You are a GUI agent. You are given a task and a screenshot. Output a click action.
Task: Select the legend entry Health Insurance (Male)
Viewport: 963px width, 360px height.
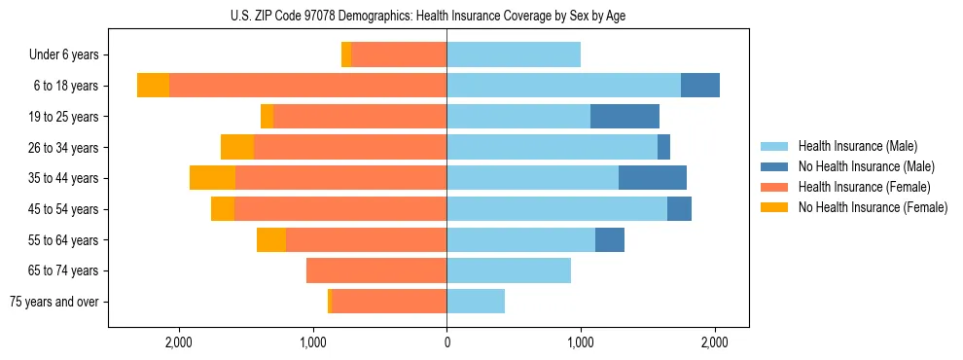(856, 146)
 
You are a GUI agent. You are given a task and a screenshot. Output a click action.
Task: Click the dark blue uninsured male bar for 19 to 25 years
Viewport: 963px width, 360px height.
(624, 117)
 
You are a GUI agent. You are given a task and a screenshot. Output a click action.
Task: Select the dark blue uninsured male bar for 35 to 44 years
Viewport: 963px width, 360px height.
(653, 178)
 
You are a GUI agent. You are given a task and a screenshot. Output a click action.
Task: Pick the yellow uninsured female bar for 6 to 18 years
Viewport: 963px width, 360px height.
(153, 86)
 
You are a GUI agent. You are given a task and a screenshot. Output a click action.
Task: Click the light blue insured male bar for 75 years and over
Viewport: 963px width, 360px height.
(476, 302)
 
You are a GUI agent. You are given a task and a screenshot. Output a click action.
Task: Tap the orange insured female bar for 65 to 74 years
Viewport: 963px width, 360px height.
(376, 270)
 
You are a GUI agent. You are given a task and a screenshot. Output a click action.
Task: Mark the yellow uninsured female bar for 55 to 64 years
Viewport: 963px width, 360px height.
(271, 240)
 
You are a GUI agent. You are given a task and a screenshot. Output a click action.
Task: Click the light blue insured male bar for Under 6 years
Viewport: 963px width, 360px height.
(514, 55)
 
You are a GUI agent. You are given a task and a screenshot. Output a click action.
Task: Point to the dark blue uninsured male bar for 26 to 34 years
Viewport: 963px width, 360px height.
(663, 148)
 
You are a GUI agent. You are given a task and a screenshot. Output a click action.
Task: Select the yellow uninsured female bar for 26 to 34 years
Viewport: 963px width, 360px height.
(237, 148)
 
